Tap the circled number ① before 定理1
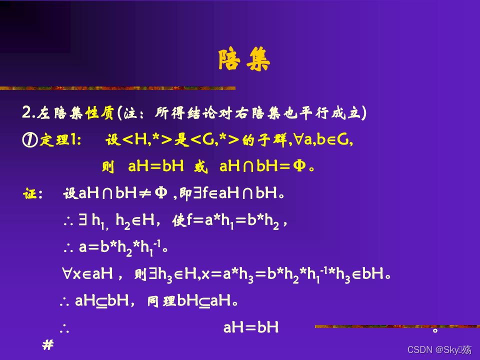point(29,140)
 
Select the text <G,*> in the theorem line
point(214,140)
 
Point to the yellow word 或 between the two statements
point(201,166)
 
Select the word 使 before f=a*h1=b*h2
point(178,221)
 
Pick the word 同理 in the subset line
point(162,301)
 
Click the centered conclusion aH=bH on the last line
point(250,328)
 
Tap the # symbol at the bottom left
point(48,345)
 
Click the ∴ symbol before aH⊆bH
point(64,301)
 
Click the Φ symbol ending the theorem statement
point(299,166)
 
